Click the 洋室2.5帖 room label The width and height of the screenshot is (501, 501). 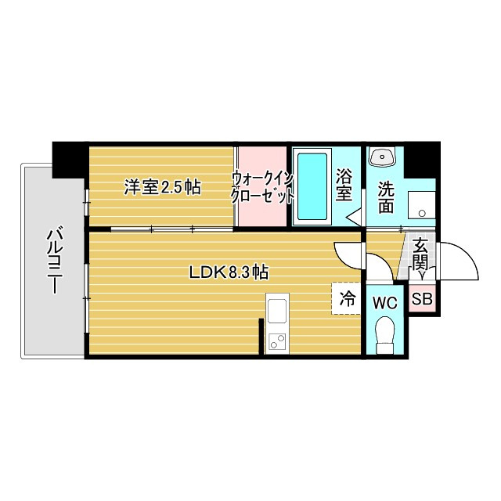click(x=163, y=187)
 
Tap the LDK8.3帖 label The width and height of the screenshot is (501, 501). click(x=229, y=272)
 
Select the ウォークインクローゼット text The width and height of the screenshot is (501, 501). click(x=262, y=188)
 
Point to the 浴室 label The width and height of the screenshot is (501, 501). click(x=344, y=186)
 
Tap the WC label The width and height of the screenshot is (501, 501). click(x=385, y=303)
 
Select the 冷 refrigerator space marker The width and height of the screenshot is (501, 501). click(x=347, y=297)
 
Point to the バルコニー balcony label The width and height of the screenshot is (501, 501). click(x=54, y=261)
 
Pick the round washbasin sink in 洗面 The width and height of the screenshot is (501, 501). click(x=384, y=157)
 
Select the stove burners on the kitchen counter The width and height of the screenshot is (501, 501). click(x=277, y=341)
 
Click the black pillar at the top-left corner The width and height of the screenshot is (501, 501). click(x=69, y=160)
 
